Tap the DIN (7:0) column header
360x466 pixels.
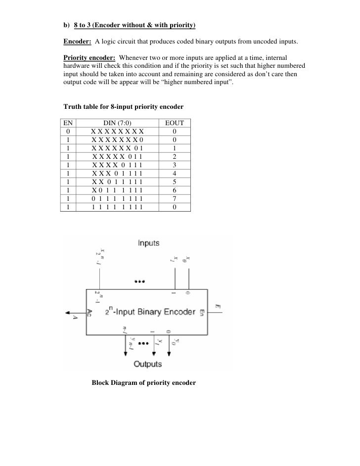(117, 123)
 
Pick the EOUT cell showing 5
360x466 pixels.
(174, 182)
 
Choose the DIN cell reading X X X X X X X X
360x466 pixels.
(117, 131)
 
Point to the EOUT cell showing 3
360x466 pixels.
(174, 165)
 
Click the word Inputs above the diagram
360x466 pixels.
(148, 243)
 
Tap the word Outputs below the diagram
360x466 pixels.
(148, 364)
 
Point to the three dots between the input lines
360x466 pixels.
(139, 281)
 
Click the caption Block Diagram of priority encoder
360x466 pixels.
(144, 383)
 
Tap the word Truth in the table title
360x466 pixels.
(73, 106)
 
